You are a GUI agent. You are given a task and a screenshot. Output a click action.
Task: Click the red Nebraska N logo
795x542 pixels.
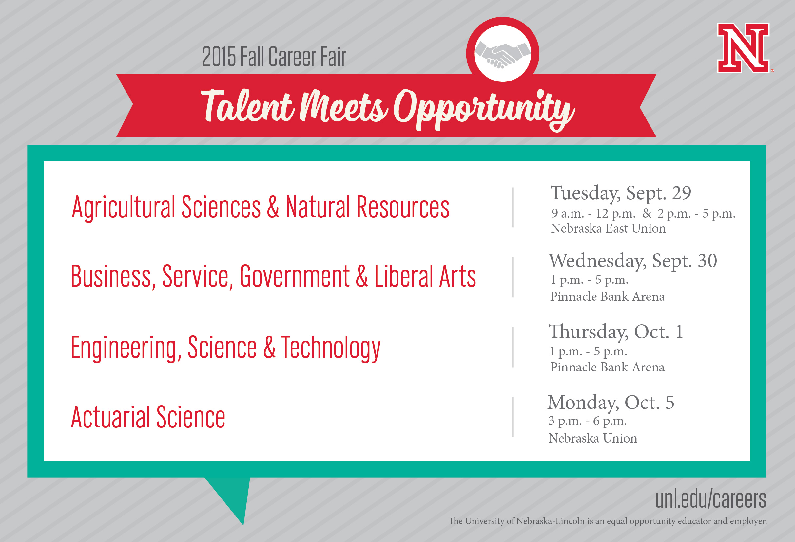pos(743,48)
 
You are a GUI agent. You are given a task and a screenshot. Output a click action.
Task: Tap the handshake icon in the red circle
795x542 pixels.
pos(502,54)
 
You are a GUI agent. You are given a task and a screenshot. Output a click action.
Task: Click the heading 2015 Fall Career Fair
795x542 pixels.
pos(274,56)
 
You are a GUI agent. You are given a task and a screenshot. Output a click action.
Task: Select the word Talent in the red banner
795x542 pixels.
pos(247,106)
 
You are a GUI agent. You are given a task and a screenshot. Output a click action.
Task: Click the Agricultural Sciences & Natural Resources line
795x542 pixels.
pos(261,207)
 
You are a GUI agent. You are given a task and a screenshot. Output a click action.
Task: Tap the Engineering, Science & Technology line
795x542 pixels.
pos(225,348)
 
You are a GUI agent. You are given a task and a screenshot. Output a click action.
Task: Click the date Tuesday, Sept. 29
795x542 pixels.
pos(621,193)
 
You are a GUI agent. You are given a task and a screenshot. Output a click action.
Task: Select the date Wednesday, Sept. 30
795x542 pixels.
pos(633,261)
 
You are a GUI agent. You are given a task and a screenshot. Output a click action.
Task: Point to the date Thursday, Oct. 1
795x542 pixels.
pos(616,332)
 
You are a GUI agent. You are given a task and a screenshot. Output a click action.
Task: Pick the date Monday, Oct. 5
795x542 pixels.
pos(611,403)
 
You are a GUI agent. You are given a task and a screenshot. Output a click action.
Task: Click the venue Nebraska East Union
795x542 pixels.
pos(608,228)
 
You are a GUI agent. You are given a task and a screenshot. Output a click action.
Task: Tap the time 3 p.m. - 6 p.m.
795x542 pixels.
pos(587,421)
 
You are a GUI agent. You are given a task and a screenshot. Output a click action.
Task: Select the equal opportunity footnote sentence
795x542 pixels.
pos(608,521)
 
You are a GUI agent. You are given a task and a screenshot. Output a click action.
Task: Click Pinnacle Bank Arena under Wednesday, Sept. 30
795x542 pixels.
pos(607,296)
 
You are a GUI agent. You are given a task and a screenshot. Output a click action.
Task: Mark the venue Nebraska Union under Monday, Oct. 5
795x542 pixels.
pos(593,438)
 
